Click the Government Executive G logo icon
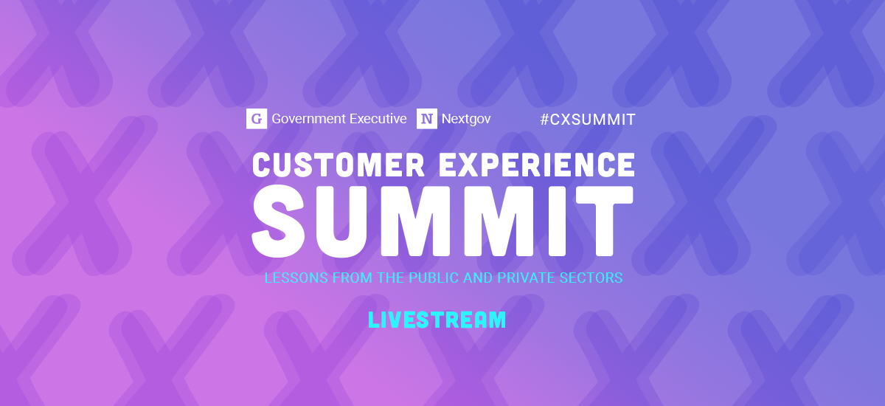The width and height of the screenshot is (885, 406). tap(256, 119)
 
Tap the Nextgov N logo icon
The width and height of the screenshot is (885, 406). tap(426, 119)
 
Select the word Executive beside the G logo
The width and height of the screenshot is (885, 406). tap(380, 118)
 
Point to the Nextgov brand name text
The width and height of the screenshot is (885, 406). tap(466, 118)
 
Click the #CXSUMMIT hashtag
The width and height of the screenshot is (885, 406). tap(587, 119)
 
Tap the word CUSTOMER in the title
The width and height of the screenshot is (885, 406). tap(339, 164)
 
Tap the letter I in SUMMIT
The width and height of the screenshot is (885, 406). tap(559, 218)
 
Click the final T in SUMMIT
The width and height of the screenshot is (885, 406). tap(603, 218)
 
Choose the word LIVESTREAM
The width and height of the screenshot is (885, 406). tap(437, 320)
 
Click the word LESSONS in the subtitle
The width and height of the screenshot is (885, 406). tap(290, 278)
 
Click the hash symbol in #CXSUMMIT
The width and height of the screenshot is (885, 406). tap(544, 119)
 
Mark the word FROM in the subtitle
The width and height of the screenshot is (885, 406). tap(335, 278)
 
